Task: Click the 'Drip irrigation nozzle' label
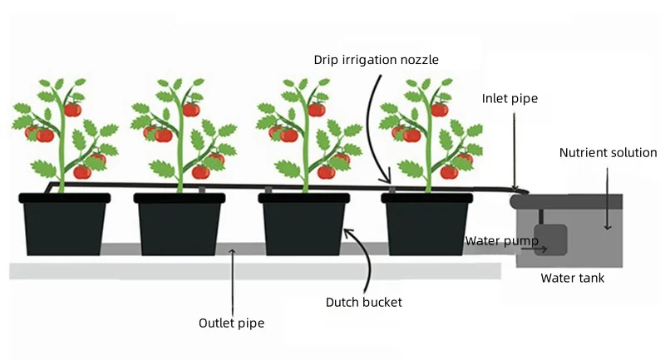coord(375,59)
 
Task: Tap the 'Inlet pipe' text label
coord(510,98)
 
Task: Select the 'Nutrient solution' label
coord(608,153)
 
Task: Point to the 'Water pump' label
coord(501,241)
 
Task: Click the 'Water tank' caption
coord(572,278)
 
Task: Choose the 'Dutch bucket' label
coord(363,302)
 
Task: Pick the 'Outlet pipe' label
coord(231,323)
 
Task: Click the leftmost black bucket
coord(65,225)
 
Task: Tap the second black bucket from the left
coord(180,225)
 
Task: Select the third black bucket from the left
coord(304,225)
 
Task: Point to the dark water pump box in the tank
coord(550,241)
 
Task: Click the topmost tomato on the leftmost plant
coord(72,109)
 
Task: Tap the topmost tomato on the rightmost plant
coord(440,109)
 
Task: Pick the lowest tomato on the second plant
coord(200,171)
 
